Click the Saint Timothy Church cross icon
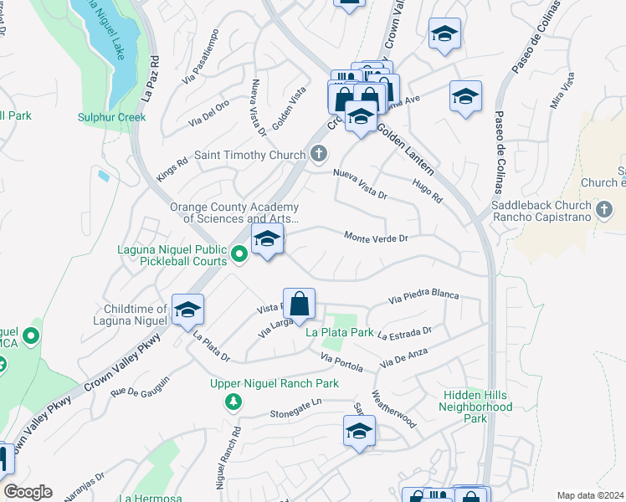tap(318, 154)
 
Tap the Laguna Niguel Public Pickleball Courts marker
tap(239, 251)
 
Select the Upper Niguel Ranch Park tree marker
tap(233, 403)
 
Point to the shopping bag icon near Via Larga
tap(299, 304)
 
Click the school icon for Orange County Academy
tap(267, 239)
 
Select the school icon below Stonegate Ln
tap(359, 432)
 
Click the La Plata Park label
tap(339, 333)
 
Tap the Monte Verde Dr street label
tap(376, 238)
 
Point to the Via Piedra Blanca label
tap(424, 295)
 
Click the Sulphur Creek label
tap(112, 117)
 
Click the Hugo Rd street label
tap(427, 191)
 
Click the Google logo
tap(28, 492)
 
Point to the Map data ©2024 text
tap(590, 495)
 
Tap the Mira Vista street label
tap(562, 91)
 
